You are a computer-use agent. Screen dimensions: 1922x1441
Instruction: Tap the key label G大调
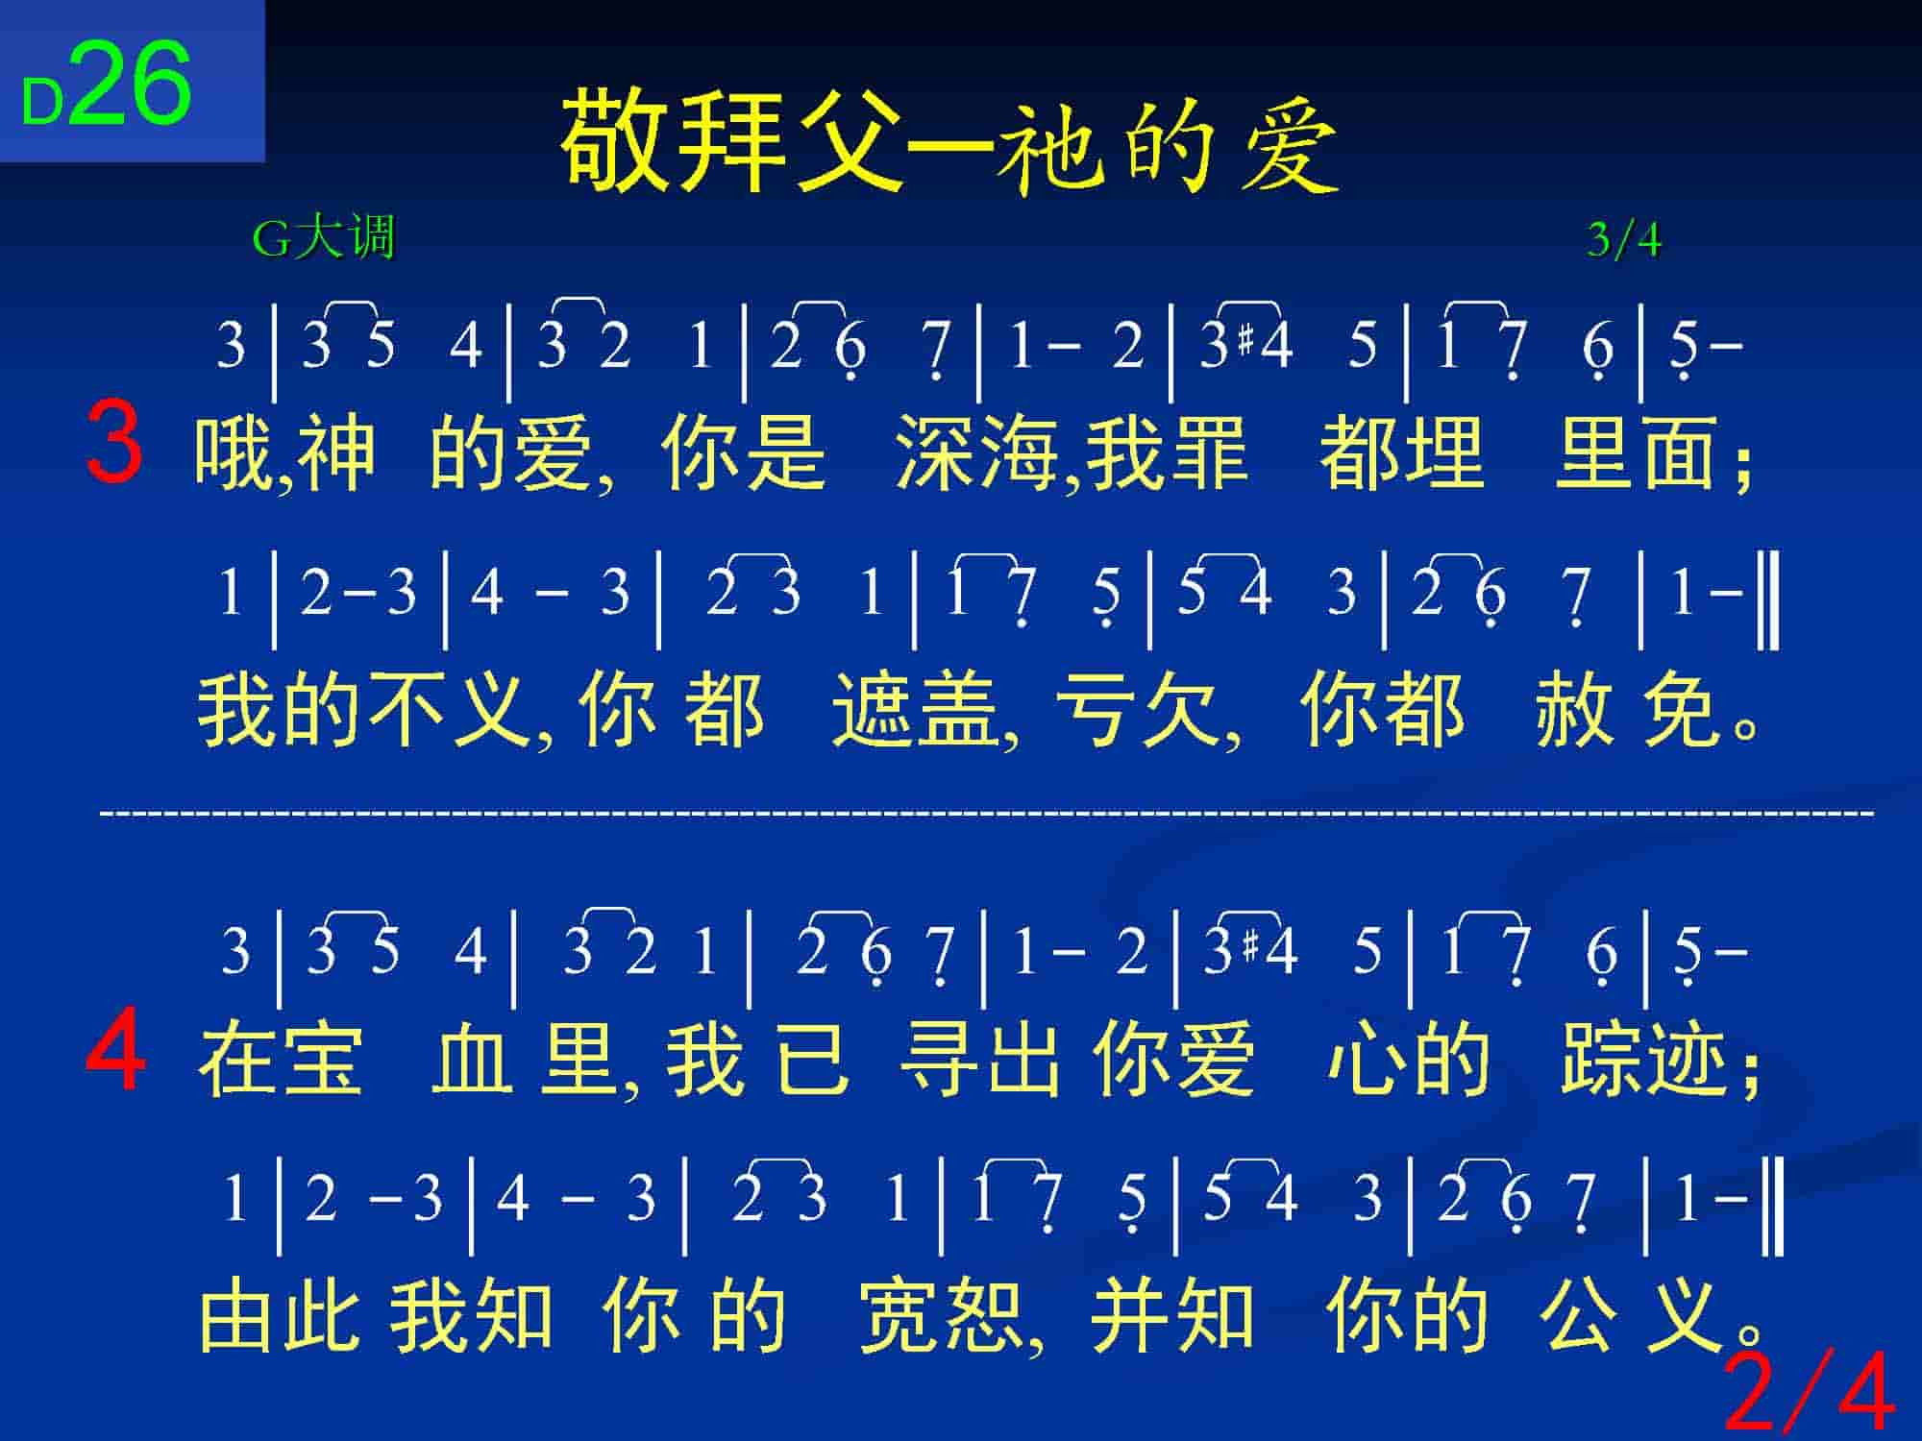tap(323, 237)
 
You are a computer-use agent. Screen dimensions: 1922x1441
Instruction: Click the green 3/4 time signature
tap(1624, 239)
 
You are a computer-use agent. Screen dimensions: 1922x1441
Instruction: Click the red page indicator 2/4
tap(1810, 1391)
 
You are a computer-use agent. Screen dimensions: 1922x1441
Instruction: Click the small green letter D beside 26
tap(43, 102)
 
